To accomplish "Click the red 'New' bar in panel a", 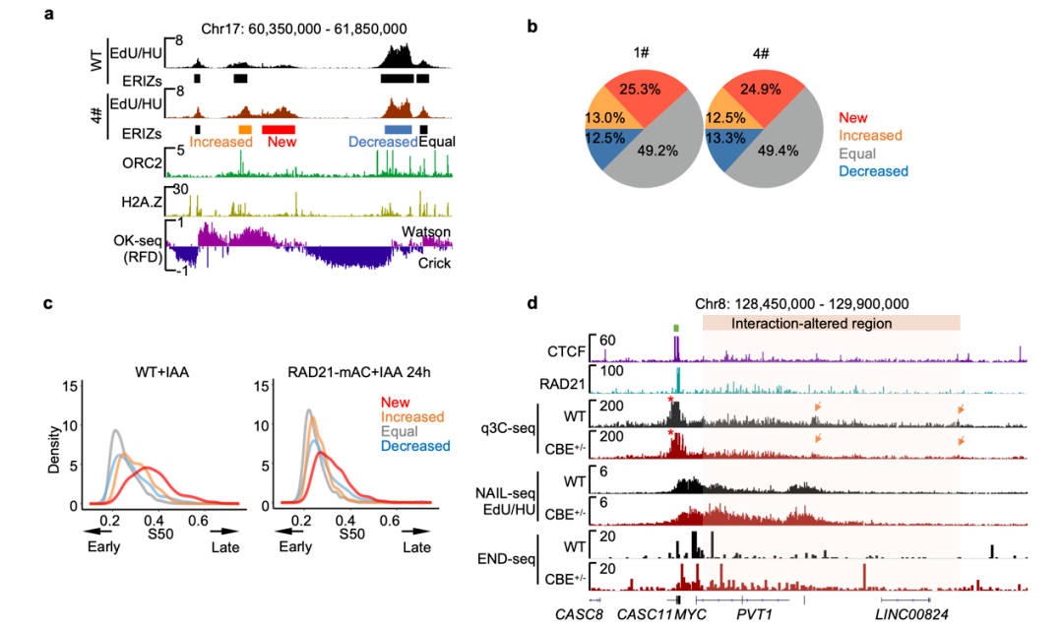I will (280, 129).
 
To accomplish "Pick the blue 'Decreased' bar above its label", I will (398, 129).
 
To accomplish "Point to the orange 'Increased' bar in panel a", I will (245, 129).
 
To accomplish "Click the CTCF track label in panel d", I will (565, 349).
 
